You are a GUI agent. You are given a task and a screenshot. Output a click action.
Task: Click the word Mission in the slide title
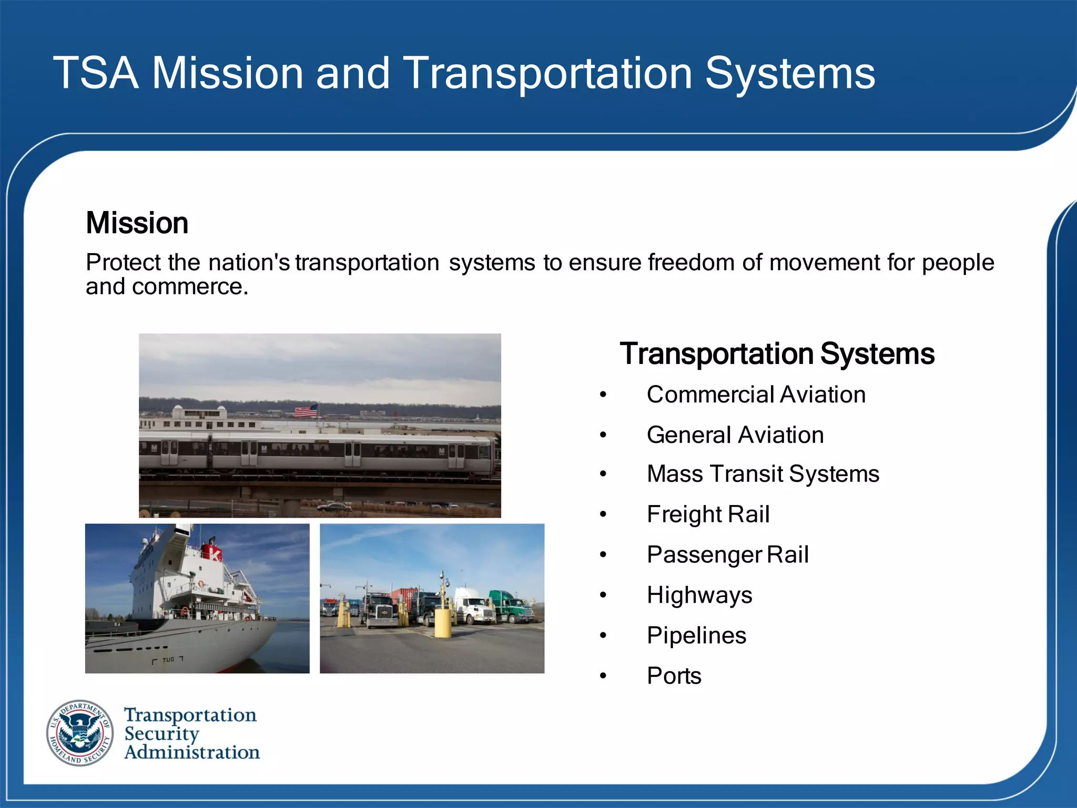point(227,74)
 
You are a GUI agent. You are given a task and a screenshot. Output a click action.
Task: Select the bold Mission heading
point(137,223)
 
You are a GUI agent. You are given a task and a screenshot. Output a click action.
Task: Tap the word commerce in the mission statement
point(189,287)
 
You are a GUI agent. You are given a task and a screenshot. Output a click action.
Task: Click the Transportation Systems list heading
point(777,353)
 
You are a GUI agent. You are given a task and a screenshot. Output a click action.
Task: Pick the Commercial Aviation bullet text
point(756,395)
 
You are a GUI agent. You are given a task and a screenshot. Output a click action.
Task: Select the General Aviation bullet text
point(735,435)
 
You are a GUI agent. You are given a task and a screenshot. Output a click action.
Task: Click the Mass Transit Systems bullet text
point(763,474)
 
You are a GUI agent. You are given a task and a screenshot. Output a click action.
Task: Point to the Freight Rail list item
point(708,514)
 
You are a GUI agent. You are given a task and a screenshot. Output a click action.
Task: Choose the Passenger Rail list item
point(727,555)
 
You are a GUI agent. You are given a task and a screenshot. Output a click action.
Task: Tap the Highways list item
point(699,595)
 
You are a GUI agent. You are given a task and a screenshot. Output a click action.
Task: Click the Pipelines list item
point(696,635)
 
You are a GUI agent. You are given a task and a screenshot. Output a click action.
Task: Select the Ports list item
point(674,676)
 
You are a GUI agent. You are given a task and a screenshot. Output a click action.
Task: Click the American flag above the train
point(306,411)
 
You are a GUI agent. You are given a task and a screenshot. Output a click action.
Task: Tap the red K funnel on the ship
point(215,553)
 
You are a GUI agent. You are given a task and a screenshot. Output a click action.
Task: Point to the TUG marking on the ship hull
point(168,660)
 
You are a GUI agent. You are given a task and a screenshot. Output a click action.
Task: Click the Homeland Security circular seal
point(80,733)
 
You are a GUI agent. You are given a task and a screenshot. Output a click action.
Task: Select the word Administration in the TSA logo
point(192,752)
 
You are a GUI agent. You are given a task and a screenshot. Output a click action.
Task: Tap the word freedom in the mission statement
point(690,262)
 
